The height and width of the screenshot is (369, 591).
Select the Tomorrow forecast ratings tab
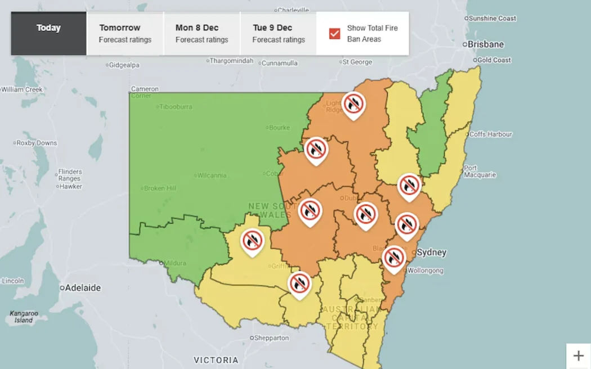coord(125,34)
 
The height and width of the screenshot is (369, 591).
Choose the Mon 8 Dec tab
coord(202,34)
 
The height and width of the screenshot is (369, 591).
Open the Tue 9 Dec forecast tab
coord(278,34)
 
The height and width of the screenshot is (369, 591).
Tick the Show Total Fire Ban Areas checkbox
coord(335,34)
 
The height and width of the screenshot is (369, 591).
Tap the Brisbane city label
coord(486,44)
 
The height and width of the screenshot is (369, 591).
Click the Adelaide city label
coord(82,288)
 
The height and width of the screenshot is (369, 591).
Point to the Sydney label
coord(431,253)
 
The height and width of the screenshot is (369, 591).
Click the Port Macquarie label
coord(479,172)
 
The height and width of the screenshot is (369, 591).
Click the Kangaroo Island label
coord(24,317)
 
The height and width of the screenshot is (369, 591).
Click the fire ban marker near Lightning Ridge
coord(353,104)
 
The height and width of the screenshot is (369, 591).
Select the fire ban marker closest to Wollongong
coord(393,258)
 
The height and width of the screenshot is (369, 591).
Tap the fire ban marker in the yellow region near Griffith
coord(253,241)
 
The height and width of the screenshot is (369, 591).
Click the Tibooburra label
coord(175,107)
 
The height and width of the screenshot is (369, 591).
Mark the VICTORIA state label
coord(216,360)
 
